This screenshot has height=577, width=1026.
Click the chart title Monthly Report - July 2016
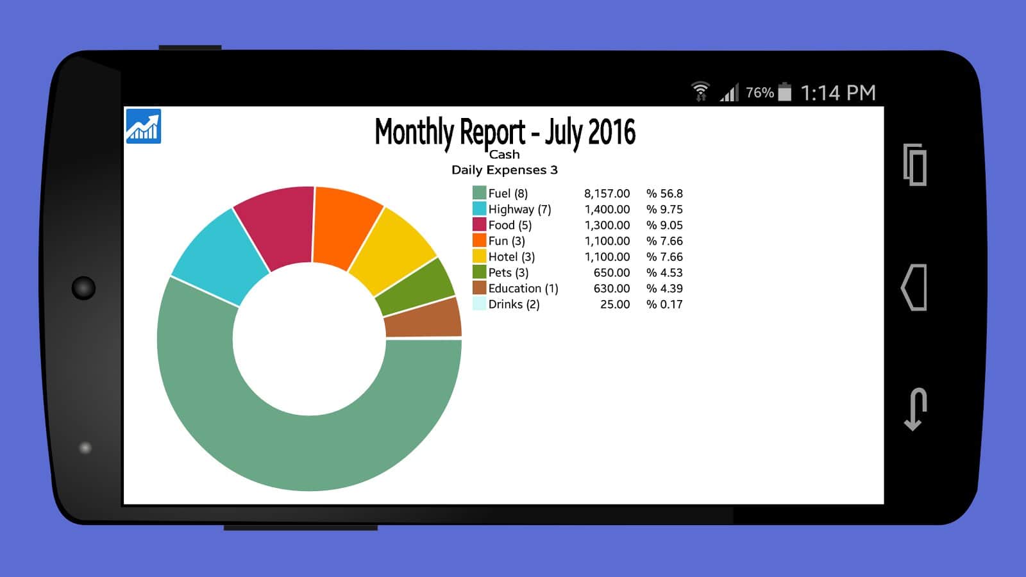pyautogui.click(x=505, y=133)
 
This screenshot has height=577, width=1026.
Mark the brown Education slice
pyautogui.click(x=423, y=318)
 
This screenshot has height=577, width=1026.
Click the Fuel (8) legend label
pyautogui.click(x=508, y=194)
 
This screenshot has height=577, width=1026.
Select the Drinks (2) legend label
pyautogui.click(x=514, y=305)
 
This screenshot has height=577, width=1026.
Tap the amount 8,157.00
pyautogui.click(x=607, y=194)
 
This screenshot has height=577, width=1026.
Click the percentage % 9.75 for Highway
pyautogui.click(x=664, y=210)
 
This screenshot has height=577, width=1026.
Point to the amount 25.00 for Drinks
pyautogui.click(x=614, y=305)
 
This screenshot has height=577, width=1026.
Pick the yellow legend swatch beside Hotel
pyautogui.click(x=479, y=256)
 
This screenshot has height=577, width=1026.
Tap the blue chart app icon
pyautogui.click(x=143, y=126)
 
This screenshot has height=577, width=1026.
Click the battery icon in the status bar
pyautogui.click(x=784, y=92)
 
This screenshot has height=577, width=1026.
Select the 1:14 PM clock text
pyautogui.click(x=838, y=93)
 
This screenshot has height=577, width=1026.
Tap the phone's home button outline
pyautogui.click(x=914, y=287)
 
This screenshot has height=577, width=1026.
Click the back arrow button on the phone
pyautogui.click(x=915, y=409)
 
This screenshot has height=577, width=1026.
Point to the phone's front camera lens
pyautogui.click(x=83, y=288)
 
